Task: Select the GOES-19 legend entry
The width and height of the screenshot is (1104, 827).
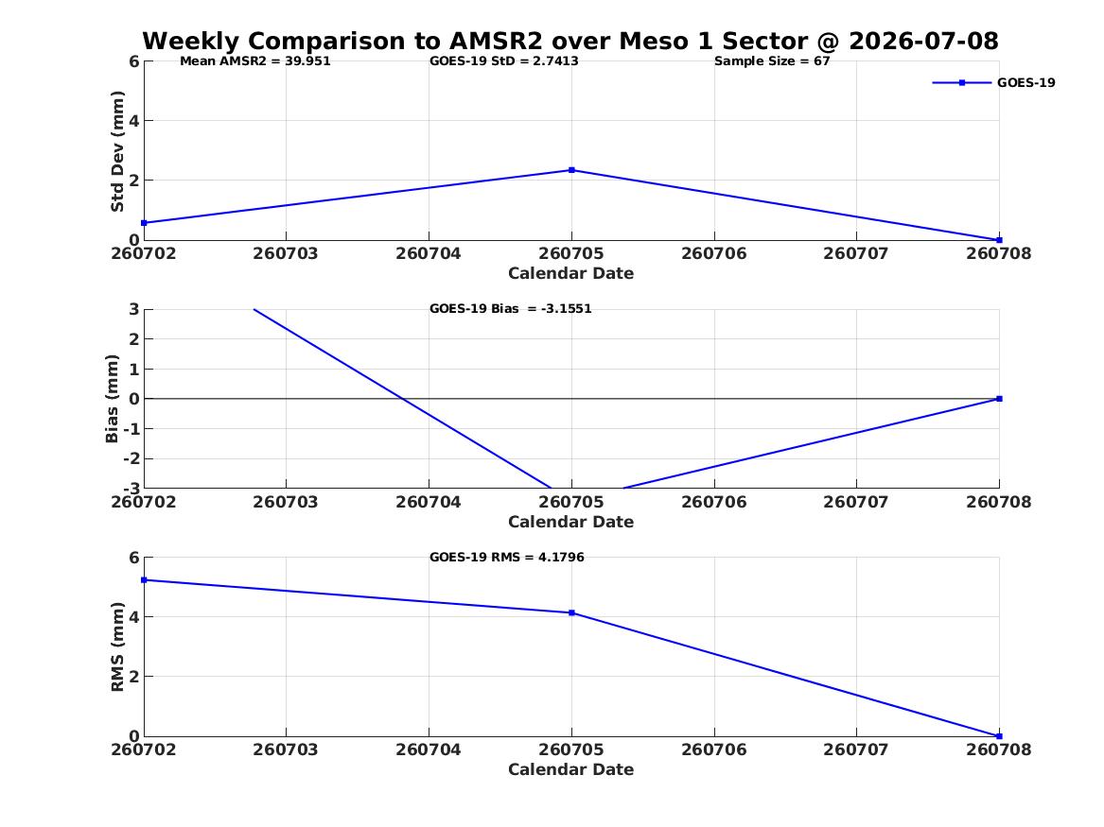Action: click(993, 82)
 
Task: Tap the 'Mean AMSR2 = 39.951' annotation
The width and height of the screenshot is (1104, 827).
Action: click(254, 61)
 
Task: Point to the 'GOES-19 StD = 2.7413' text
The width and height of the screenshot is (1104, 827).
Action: click(504, 61)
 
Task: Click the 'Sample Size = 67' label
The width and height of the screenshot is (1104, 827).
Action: click(772, 61)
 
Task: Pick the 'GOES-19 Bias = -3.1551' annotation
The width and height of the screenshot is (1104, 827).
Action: click(511, 309)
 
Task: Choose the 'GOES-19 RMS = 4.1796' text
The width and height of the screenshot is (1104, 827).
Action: click(507, 557)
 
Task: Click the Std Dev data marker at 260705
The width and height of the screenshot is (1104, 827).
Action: click(571, 170)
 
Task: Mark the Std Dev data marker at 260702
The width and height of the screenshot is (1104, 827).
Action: click(145, 223)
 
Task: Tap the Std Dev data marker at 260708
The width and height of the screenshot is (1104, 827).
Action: click(999, 240)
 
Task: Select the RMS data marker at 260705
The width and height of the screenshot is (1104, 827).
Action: click(571, 613)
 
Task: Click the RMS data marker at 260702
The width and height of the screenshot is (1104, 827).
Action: click(145, 580)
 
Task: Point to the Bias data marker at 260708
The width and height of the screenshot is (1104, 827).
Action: click(999, 399)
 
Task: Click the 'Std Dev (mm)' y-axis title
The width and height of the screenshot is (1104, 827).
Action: click(117, 151)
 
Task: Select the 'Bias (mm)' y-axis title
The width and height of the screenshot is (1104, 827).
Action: click(112, 399)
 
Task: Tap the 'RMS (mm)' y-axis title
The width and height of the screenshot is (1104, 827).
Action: click(117, 647)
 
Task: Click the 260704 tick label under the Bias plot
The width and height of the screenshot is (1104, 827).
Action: click(429, 502)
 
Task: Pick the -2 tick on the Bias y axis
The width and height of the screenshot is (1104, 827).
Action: click(131, 458)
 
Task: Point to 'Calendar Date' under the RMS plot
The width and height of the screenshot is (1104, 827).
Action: click(571, 769)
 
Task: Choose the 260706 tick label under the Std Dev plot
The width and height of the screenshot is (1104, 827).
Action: click(714, 254)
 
